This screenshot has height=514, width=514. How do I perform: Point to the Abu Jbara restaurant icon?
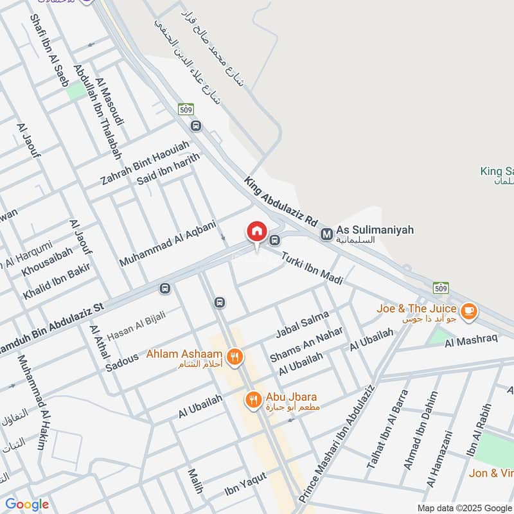pyautogui.click(x=254, y=401)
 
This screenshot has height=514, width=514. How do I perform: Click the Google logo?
pyautogui.click(x=26, y=504)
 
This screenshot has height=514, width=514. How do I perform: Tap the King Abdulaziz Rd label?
pyautogui.click(x=281, y=201)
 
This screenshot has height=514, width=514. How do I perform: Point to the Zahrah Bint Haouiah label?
pyautogui.click(x=145, y=163)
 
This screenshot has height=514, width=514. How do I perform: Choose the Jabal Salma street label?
pyautogui.click(x=301, y=324)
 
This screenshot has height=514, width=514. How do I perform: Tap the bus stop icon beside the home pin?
pyautogui.click(x=275, y=241)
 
